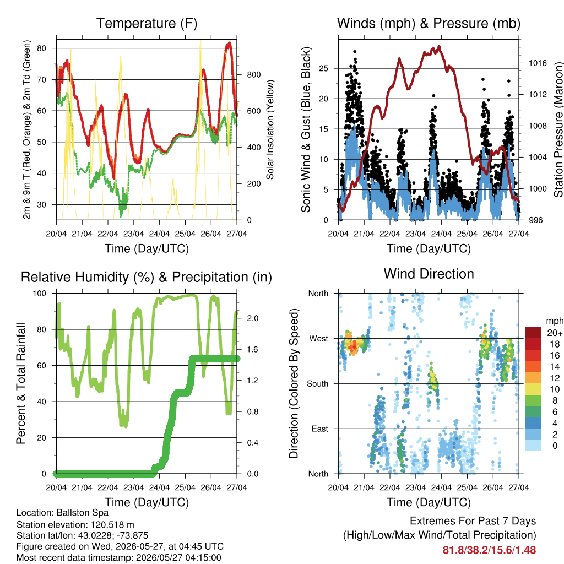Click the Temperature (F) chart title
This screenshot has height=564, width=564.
pos(147,23)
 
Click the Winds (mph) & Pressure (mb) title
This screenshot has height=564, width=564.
pos(429,23)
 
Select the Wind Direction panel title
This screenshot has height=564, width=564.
pos(429,274)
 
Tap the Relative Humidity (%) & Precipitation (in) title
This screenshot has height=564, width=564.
pos(147,278)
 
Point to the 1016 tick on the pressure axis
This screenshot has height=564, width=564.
pos(538,63)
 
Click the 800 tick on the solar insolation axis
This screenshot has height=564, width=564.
pos(253,75)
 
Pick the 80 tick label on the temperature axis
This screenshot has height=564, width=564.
pos(42,48)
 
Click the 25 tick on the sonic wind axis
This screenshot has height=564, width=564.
pos(324,68)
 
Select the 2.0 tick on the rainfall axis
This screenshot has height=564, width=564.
pos(252,318)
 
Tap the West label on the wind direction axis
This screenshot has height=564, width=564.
pos(319,339)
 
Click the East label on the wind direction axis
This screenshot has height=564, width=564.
pos(320,429)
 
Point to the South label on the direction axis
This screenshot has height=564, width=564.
pos(318,384)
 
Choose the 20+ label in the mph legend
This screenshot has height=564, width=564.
pos(555,333)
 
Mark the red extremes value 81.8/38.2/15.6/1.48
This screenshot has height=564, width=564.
pos(489,550)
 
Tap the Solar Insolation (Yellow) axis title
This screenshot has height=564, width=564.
pos(270,129)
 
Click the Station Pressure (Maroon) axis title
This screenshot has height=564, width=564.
pos(558,129)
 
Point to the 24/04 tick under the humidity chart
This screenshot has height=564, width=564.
pos(159,488)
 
